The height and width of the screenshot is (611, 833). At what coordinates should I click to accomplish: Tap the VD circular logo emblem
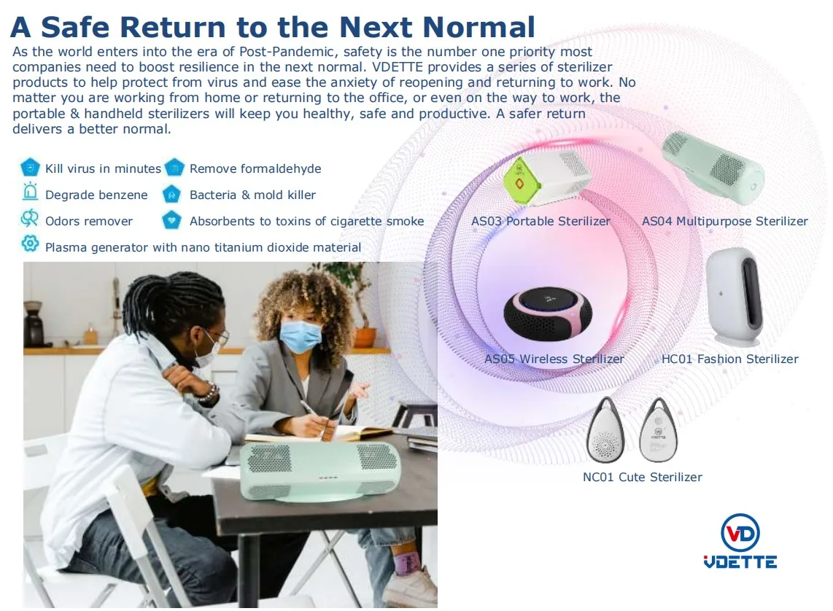(740, 532)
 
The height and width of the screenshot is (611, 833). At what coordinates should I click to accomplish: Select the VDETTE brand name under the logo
(740, 561)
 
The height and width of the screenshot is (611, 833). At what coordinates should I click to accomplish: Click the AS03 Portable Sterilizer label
(541, 221)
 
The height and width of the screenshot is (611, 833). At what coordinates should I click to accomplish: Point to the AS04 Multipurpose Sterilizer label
(724, 221)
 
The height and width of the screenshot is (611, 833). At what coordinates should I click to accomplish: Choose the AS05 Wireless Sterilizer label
(554, 359)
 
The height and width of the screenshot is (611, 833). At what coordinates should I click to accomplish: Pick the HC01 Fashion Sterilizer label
(729, 359)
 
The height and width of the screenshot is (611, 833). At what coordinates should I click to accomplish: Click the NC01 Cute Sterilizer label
(643, 477)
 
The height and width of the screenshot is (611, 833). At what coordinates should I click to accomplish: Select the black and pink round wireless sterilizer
(548, 315)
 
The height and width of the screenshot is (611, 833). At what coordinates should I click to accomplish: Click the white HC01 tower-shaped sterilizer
(735, 296)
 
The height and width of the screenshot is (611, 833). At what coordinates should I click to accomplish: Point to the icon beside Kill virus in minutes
(31, 167)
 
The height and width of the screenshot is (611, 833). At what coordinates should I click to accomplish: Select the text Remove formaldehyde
(255, 168)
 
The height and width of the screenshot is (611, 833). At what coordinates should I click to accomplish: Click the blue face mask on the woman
(300, 337)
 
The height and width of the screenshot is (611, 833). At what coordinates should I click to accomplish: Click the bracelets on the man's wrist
(208, 393)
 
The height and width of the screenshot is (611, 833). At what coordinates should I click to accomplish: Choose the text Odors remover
(89, 221)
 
